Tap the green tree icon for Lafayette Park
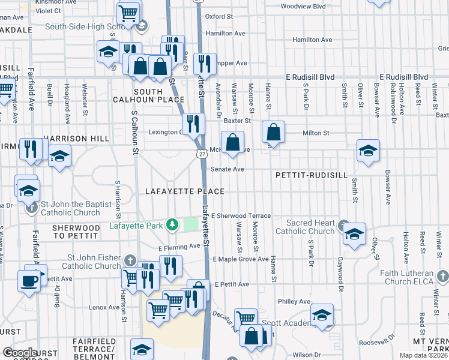pos(173,225)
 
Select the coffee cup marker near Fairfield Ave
pos(29,280)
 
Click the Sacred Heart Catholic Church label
pos(305,227)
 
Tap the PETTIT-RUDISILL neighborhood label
pos(312,175)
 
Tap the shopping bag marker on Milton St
pos(273,131)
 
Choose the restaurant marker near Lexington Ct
pos(193,124)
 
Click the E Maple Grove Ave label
pos(240,259)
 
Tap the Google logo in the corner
pos(20,353)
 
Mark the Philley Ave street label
pos(294,301)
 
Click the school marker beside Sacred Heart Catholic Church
pos(354,233)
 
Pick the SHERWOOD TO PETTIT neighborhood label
pos(75,232)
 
